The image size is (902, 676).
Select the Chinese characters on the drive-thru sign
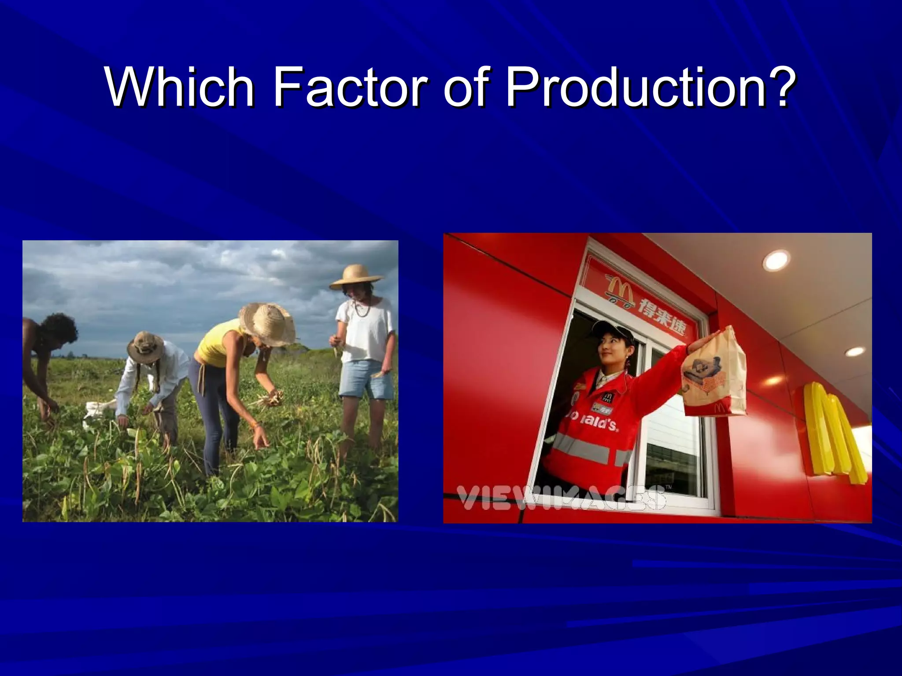[x=661, y=310]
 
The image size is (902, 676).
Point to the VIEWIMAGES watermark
[x=559, y=497]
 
